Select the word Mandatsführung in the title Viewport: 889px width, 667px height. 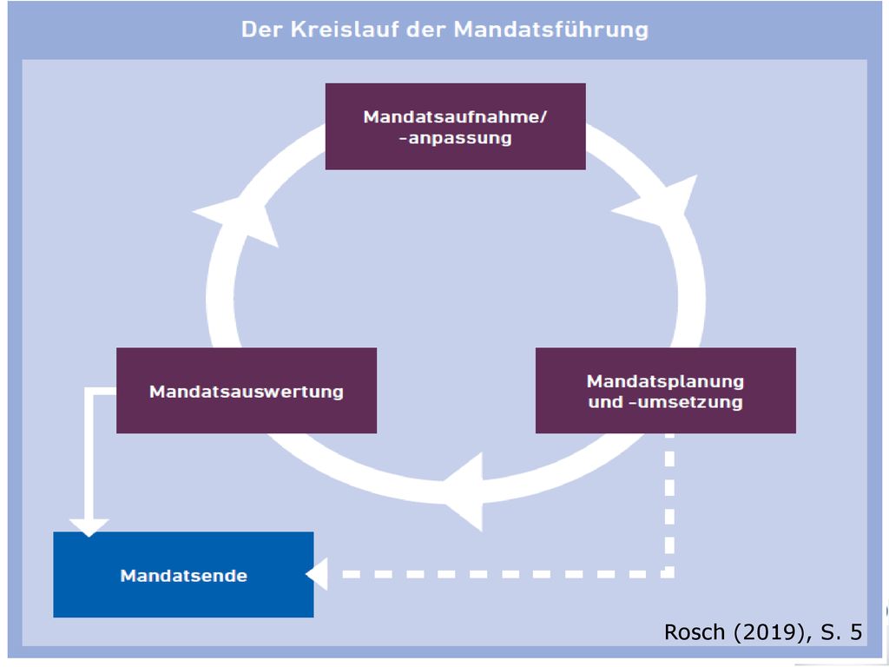click(551, 30)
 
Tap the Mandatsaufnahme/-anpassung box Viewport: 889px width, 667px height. click(455, 127)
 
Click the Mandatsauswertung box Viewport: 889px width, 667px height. click(247, 390)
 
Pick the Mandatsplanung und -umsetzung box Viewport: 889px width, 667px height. click(666, 390)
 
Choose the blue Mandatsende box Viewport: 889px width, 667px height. click(183, 575)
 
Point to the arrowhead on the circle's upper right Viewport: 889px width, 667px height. click(661, 201)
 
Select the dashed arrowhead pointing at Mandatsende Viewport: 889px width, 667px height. click(317, 574)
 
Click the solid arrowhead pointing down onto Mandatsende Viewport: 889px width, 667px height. click(89, 527)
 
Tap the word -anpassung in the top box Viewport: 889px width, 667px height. click(455, 138)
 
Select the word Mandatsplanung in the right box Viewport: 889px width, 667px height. click(666, 381)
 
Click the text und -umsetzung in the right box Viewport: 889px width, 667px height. click(666, 402)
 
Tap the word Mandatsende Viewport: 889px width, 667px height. click(184, 576)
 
